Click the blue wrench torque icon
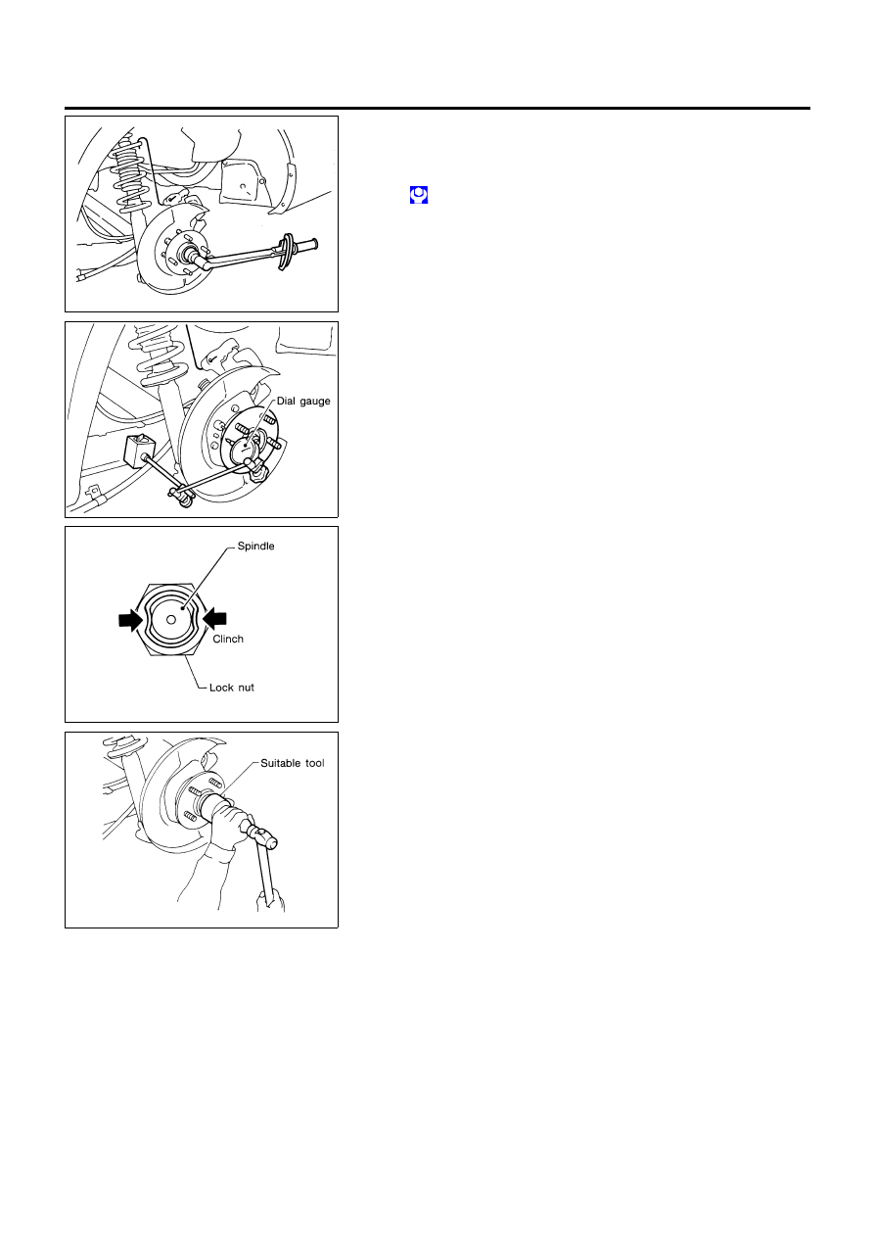tap(419, 195)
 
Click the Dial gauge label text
tap(303, 401)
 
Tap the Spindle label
tap(255, 547)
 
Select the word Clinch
tap(228, 639)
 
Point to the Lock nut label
tap(232, 688)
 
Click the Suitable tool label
tap(293, 763)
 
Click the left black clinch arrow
tap(131, 620)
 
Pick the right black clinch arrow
tap(214, 619)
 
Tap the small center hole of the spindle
tap(171, 620)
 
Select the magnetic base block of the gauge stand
tap(140, 451)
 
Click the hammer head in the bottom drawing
tap(264, 836)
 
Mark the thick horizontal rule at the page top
tap(437, 109)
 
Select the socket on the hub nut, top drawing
tap(195, 257)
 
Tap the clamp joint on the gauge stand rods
tap(182, 494)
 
